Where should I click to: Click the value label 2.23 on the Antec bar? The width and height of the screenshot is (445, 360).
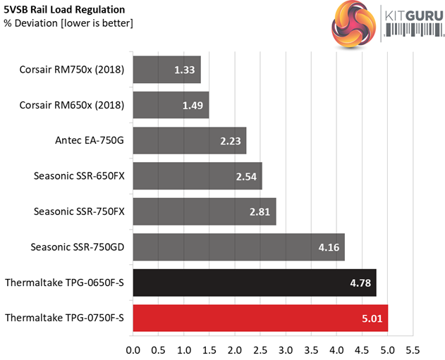229,141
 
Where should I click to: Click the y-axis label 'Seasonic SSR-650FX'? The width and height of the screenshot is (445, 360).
79,176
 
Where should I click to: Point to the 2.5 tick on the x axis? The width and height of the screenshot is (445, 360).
260,349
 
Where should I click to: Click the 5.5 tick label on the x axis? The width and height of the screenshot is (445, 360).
413,349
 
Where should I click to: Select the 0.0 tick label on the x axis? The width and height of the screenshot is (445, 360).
133,349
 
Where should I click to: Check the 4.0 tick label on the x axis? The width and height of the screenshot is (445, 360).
336,349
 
